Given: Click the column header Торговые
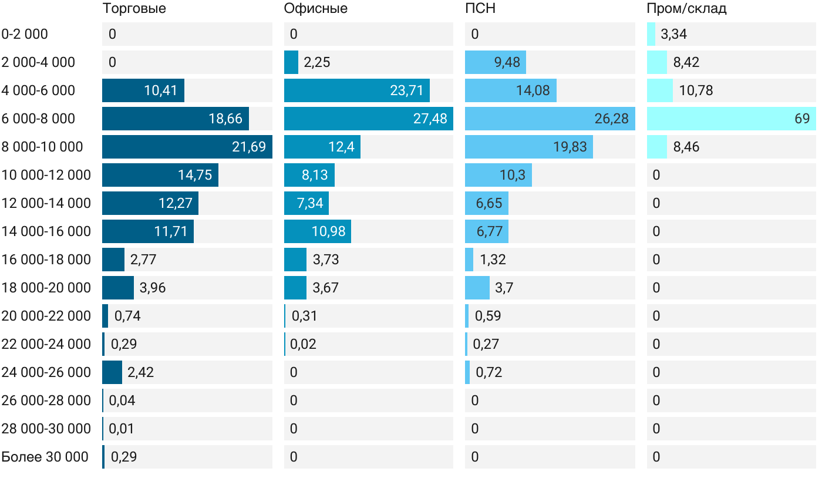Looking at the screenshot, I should [134, 9].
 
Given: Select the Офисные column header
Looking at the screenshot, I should [315, 9].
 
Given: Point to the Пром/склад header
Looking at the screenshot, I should [686, 9].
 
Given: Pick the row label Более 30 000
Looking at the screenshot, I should [45, 457].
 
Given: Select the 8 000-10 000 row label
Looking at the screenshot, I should [42, 147].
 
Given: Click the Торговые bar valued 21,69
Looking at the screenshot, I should [187, 147].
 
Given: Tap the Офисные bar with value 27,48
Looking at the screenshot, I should [368, 119].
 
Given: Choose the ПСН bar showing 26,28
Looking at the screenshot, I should [550, 119].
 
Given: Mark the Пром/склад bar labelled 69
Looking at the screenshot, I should [731, 119].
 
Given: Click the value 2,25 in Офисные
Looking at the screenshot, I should [317, 62].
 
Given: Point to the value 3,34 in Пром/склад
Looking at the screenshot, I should [673, 34].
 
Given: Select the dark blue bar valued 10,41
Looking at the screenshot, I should [143, 90].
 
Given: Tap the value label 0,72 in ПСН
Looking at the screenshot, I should [489, 372].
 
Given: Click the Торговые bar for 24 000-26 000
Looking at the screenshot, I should [112, 372].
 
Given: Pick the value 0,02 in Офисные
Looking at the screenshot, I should [303, 344].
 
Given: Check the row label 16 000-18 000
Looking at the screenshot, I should [46, 260].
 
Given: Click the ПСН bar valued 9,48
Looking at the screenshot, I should [495, 62].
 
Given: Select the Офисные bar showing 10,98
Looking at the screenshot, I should [317, 231].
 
